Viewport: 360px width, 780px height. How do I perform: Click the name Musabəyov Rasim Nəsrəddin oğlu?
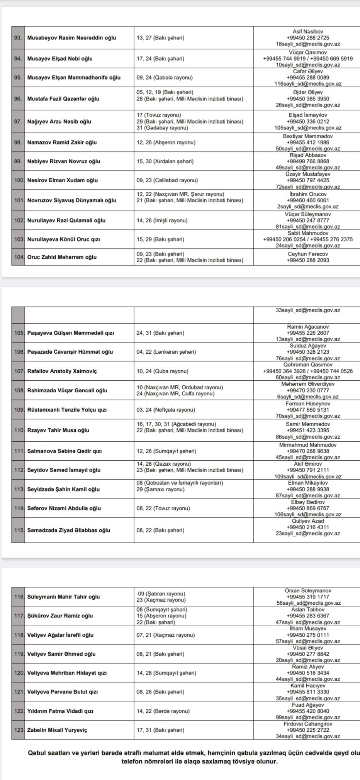coord(71,38)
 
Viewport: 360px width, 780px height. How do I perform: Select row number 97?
coord(18,122)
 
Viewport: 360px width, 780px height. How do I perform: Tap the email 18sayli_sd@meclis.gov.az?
coord(308,44)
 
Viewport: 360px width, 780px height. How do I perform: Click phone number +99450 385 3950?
coord(308,99)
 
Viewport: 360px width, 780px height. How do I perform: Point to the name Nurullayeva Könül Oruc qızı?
coord(64,239)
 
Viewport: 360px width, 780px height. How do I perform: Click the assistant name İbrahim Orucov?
coord(308,194)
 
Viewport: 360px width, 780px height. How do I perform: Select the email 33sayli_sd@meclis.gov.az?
coord(308,310)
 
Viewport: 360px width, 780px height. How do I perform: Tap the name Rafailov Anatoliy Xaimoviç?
coord(62,371)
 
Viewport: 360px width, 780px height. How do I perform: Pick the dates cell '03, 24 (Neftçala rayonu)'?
coord(166,410)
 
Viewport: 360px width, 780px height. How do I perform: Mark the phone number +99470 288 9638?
coord(308,451)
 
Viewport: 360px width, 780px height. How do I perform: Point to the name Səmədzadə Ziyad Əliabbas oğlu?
coord(69,530)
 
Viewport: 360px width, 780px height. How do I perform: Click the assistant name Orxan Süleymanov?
coord(308,591)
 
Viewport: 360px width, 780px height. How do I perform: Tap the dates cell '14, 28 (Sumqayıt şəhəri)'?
coord(166,673)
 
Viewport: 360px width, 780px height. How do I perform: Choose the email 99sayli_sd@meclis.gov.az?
coord(308,717)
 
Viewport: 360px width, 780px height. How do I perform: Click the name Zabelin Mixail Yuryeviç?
coord(57,730)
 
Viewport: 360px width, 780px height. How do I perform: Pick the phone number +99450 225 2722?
coord(308,730)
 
